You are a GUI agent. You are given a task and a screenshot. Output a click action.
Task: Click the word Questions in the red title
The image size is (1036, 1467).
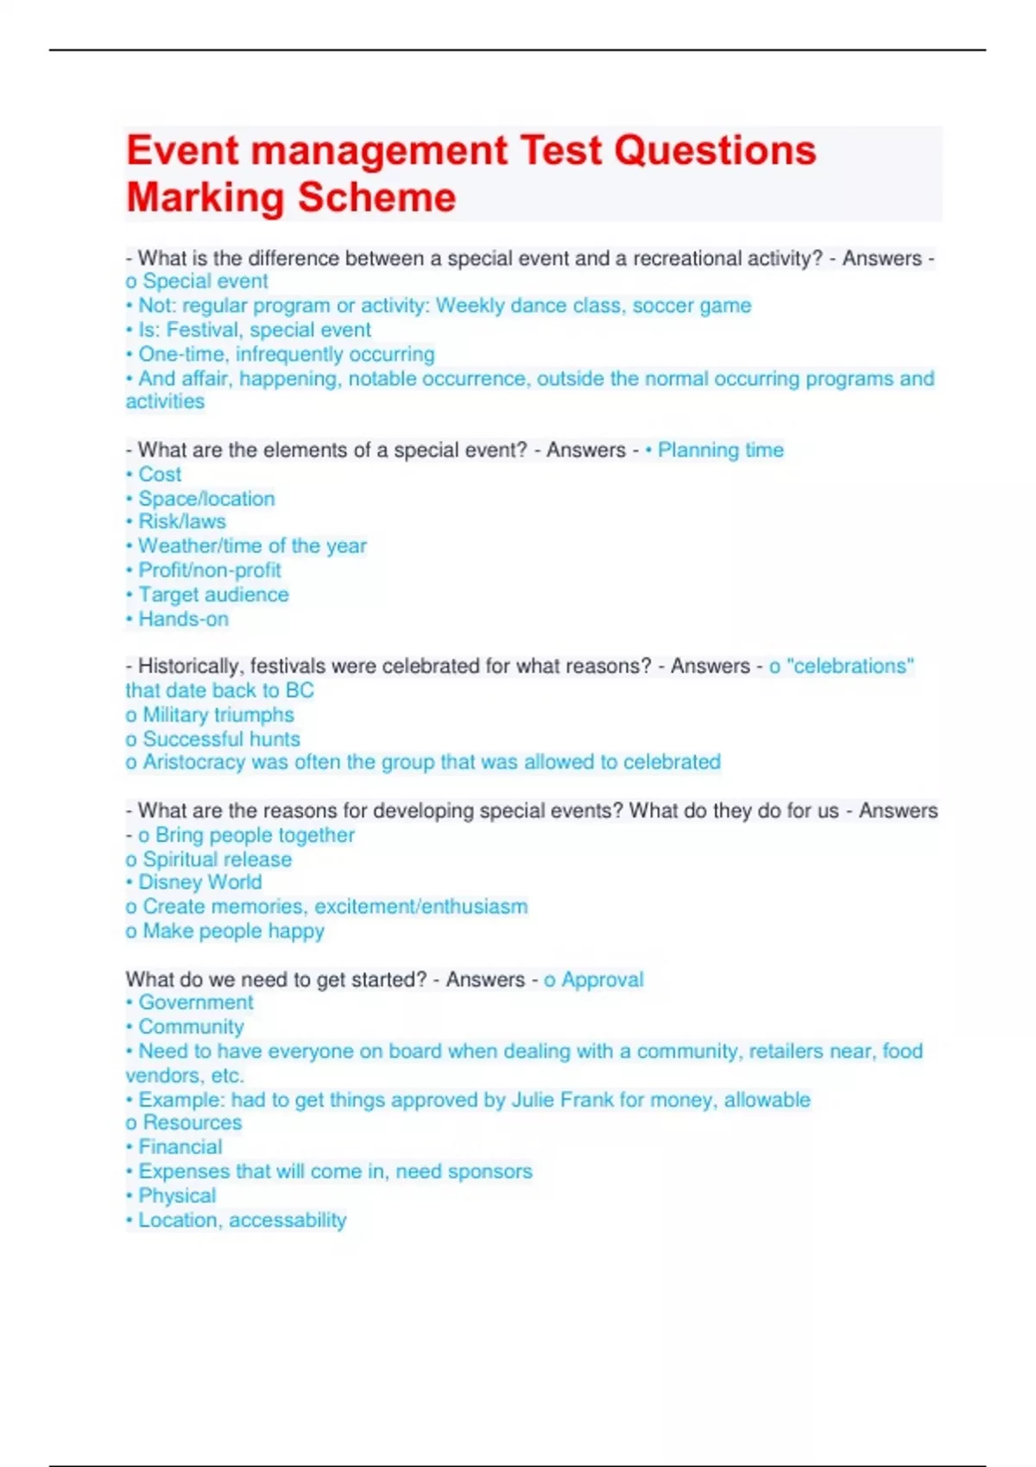coord(715,150)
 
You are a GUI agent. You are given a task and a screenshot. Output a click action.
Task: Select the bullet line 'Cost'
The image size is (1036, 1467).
coord(160,475)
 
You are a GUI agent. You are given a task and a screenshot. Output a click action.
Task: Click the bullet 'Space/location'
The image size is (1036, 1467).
coord(206,499)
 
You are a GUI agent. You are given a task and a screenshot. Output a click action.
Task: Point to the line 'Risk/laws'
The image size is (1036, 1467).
coord(181,522)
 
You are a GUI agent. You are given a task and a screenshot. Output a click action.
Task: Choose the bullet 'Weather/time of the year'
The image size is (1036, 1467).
coord(252,546)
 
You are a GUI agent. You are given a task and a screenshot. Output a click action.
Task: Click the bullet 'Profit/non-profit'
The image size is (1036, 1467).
coord(209,570)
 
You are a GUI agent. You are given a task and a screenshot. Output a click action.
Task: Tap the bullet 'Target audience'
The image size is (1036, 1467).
coord(213,595)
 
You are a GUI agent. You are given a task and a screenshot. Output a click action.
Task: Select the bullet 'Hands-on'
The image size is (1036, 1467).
coord(183,619)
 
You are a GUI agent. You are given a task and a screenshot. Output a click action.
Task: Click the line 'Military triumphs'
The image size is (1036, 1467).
coord(218,715)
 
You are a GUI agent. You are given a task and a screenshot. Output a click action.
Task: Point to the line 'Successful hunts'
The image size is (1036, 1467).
coord(221,739)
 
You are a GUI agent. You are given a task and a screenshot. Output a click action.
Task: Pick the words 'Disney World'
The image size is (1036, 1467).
coord(199,883)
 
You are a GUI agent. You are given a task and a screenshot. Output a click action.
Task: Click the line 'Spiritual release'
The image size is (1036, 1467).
coord(217,859)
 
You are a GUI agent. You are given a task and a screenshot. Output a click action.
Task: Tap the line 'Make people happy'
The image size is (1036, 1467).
coord(233,931)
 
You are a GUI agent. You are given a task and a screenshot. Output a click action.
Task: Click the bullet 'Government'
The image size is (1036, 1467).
coord(196,1003)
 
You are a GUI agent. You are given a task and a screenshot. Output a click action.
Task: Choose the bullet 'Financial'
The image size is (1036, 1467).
coord(180,1147)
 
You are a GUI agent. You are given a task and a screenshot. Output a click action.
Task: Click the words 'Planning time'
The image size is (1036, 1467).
coord(720,450)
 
